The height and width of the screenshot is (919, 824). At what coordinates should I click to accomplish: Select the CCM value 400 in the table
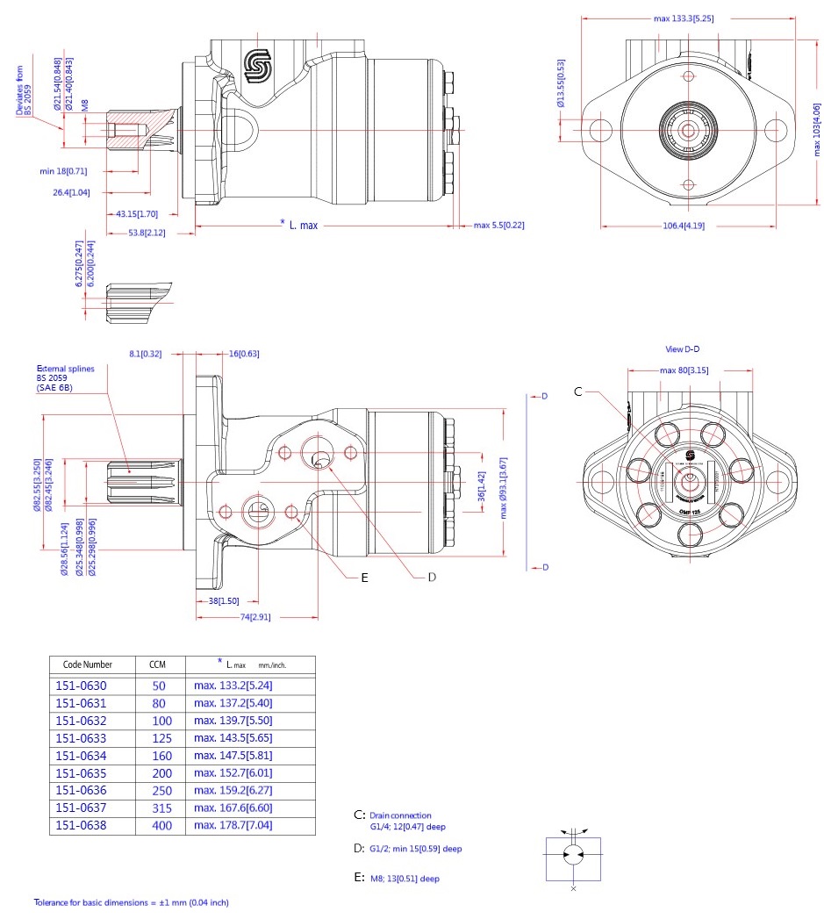162,826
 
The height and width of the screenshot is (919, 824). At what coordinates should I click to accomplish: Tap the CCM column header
157,664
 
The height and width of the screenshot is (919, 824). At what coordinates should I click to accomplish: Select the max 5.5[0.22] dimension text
498,226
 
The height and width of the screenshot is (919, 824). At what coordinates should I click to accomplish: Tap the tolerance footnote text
131,902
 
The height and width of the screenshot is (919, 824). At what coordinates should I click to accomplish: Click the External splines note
59,377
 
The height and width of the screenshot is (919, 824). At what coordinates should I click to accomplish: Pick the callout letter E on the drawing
364,578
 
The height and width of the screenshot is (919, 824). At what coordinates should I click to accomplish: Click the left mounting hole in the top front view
601,130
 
